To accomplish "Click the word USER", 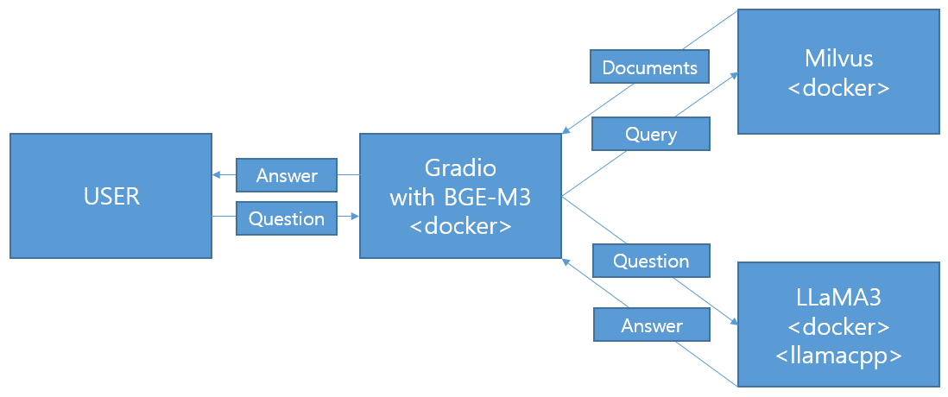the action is coord(112,197).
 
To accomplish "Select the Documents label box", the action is coord(650,66).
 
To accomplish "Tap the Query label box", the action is coord(650,134).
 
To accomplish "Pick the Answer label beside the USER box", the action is coord(287,175).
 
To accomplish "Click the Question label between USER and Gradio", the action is coord(287,218).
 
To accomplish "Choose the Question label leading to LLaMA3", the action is coord(651,261).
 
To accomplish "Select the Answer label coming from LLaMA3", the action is coord(652,326).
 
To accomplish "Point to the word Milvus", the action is coord(838,59).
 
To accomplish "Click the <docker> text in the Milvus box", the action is coord(838,88).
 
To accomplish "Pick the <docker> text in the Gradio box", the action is coord(461,226).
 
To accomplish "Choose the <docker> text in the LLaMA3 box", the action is coord(838,327).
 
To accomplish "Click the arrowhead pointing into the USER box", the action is coord(217,175).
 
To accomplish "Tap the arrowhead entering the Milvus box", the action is coord(733,76).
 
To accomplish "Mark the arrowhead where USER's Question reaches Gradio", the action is coord(356,216).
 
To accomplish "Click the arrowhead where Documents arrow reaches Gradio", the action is coord(566,130).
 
